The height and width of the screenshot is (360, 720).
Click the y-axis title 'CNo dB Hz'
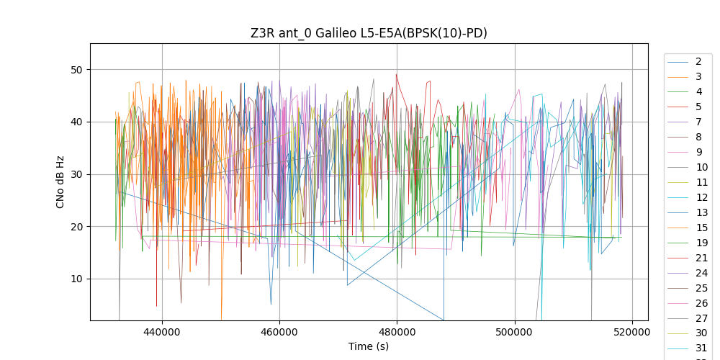click(60, 182)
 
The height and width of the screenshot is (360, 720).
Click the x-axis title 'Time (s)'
click(369, 346)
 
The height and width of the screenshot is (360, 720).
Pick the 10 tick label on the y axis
click(77, 279)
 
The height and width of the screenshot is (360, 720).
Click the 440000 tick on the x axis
click(162, 333)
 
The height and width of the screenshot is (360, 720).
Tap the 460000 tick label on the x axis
click(279, 333)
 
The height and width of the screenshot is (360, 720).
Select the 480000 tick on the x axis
click(397, 333)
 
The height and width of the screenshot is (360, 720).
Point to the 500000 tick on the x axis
click(515, 333)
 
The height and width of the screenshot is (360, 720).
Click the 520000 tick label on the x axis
click(633, 333)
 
